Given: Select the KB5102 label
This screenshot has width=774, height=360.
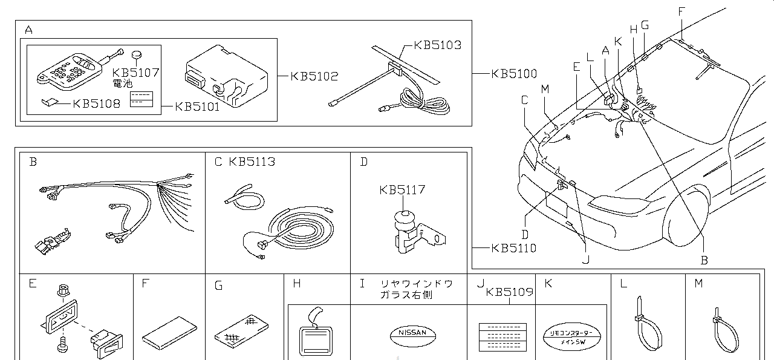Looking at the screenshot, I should pos(314,77).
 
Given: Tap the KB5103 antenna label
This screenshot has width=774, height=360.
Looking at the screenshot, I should pos(437,45).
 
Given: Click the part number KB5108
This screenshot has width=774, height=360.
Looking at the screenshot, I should pos(96,103).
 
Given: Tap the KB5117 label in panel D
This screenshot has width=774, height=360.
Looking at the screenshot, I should pos(402,189).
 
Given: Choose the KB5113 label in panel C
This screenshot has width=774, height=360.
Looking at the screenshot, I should pos(252,162).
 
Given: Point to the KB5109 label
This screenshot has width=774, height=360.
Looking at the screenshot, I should pos(509,292).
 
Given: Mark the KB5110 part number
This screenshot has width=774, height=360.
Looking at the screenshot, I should pos(513,248).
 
